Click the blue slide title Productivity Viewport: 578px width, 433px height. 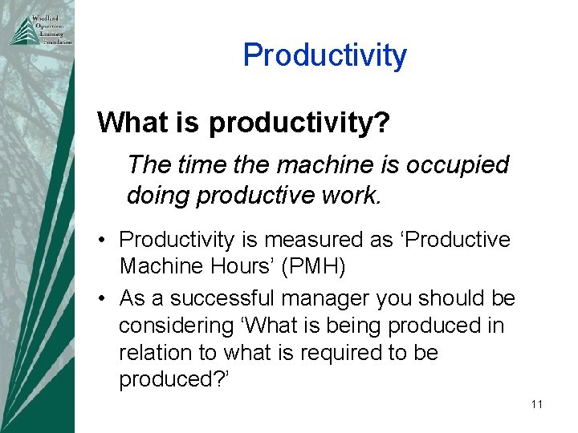(324, 55)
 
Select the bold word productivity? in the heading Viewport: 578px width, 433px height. (299, 123)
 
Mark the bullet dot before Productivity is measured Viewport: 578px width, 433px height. (104, 240)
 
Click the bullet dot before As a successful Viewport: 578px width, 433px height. (104, 299)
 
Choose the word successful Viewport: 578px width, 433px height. (211, 299)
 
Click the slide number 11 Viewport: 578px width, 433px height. (536, 405)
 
